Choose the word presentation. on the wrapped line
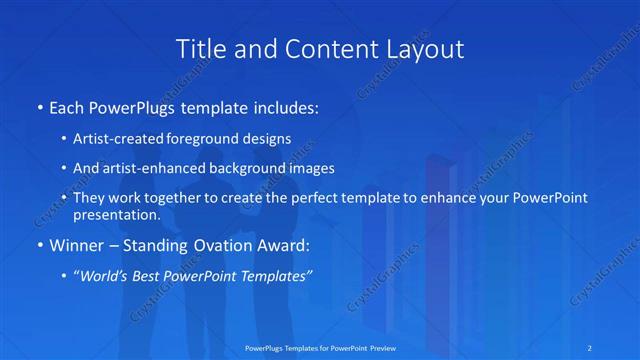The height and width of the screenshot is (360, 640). click(116, 215)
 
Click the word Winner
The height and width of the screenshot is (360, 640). click(74, 244)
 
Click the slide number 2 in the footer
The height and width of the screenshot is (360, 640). click(591, 347)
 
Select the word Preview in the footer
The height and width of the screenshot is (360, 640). click(379, 347)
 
